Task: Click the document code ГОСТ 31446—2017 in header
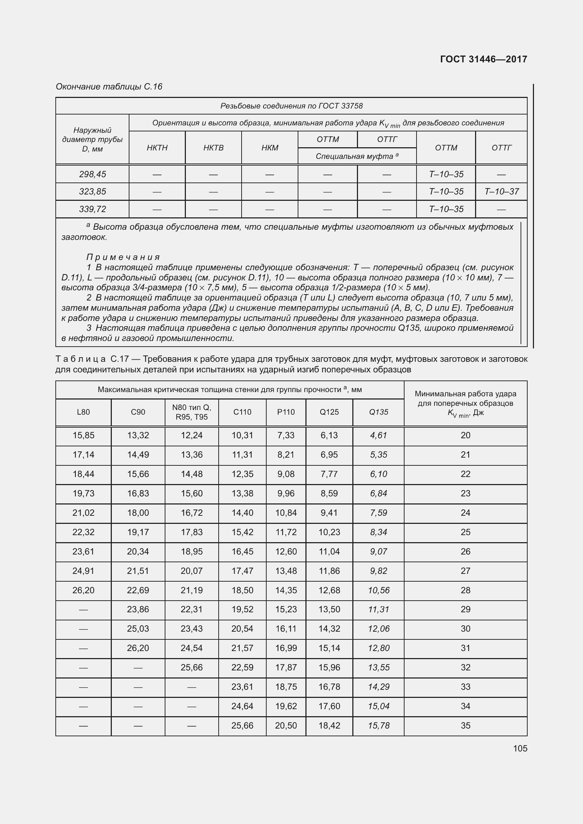pos(483,59)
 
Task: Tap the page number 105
pos(520,748)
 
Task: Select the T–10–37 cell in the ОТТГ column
pos(501,192)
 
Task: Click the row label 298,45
pos(92,174)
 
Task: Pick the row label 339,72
pos(92,209)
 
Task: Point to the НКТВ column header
pos(213,148)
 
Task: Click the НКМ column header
pos(269,148)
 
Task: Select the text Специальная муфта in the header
pos(354,156)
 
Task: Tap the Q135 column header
pos(378,412)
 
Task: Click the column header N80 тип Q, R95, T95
pos(192,412)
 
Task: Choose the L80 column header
pos(83,412)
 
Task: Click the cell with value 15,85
pos(83,435)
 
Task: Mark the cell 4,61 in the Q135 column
pos(378,435)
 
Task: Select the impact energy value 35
pos(465,725)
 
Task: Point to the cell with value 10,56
pos(378,590)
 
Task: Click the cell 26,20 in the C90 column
pos(138,648)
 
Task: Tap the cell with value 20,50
pos(286,725)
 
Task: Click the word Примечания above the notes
pos(123,257)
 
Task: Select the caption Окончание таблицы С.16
pos(109,87)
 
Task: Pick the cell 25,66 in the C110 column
pos(242,725)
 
